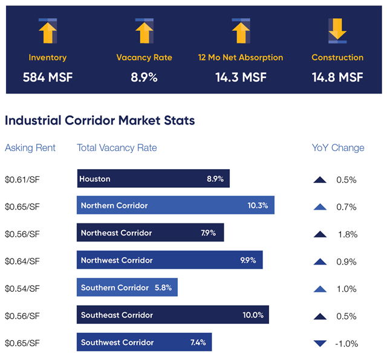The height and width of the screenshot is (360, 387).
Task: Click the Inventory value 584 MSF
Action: coord(48,77)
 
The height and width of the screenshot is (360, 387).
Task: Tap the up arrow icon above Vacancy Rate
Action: coord(144,31)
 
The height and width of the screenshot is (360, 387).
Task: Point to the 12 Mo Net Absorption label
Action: coord(240,58)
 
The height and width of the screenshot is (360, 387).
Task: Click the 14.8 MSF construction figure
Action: coord(337,77)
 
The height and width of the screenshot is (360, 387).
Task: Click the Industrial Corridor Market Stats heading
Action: coord(100,121)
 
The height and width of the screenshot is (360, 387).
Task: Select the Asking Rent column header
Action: coord(30,148)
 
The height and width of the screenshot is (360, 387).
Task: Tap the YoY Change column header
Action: coord(338,148)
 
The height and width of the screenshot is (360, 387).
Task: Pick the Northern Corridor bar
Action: coord(175,205)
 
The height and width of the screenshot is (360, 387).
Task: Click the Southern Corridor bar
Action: coord(127,288)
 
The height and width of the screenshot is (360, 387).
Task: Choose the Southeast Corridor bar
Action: coord(172,315)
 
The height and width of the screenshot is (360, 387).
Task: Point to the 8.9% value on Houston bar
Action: coord(215,179)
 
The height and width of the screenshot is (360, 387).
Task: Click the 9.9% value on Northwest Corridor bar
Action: coord(248,260)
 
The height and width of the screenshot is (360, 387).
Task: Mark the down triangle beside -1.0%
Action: coord(320,344)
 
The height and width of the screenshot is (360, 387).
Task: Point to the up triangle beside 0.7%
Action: coord(320,207)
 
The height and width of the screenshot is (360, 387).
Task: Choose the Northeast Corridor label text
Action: coord(116,233)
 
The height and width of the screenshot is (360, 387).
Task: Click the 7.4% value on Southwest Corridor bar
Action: coord(198,342)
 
